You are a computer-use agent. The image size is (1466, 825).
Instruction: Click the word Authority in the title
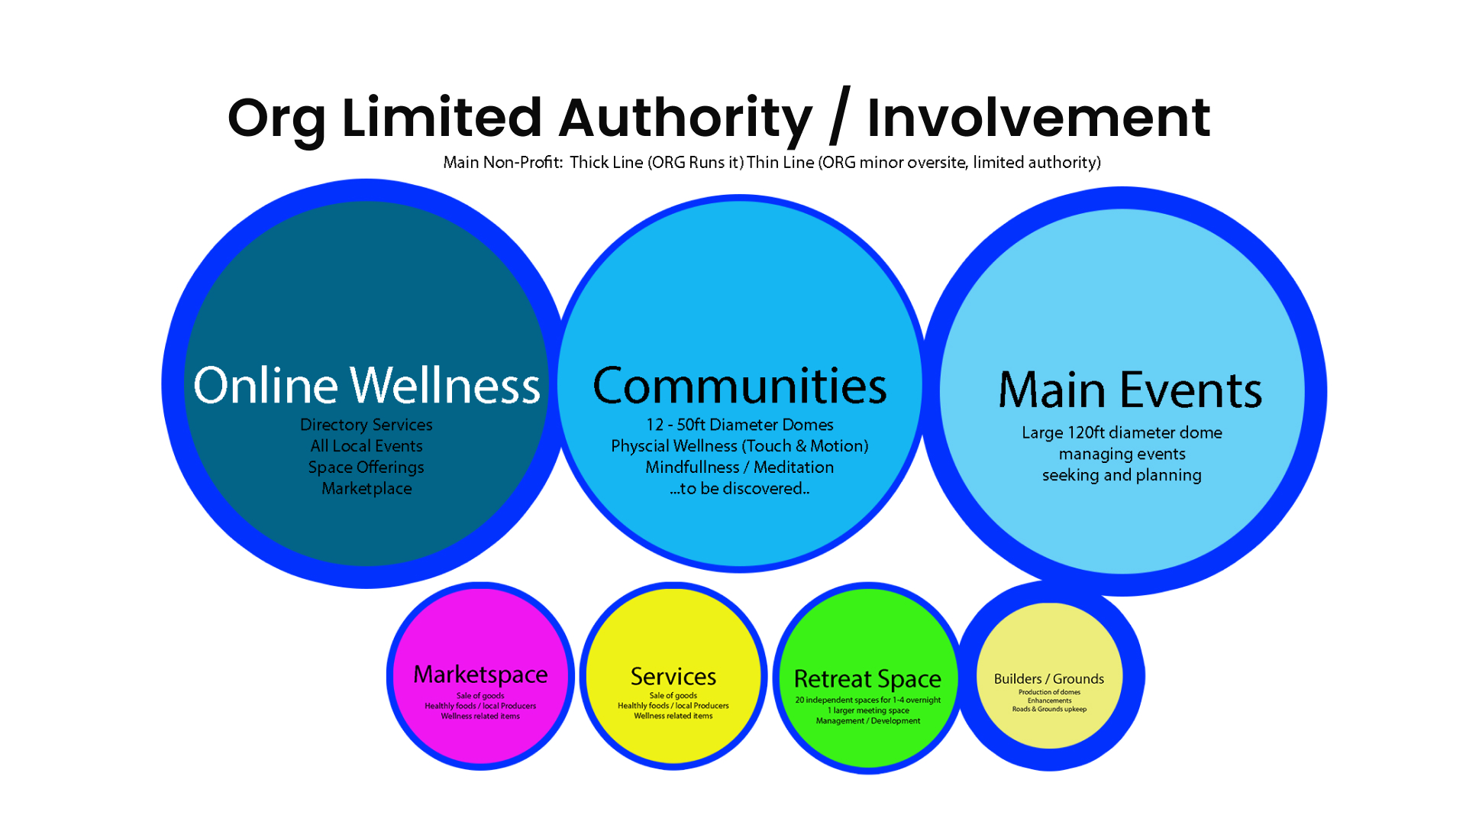coord(685,119)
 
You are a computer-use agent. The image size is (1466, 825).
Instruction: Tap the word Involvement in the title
coord(1038,119)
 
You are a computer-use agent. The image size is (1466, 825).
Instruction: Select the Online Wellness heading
coord(366,385)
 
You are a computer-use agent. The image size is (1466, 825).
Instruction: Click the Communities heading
coord(740,386)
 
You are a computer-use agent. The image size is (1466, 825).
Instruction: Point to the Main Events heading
coord(1130,390)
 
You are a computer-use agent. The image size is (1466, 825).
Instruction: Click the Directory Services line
coord(366,425)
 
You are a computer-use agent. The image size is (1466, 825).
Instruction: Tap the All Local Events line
coord(366,446)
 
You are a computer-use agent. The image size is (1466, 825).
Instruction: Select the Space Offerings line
coord(366,467)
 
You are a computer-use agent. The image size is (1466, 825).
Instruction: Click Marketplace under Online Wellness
coord(366,489)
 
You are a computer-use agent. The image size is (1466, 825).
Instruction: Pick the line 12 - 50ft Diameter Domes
coord(740,425)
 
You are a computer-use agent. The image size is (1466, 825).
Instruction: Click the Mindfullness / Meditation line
coord(740,467)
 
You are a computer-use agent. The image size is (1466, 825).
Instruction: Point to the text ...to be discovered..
coord(740,489)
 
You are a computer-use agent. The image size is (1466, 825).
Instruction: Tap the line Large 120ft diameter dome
coord(1122,433)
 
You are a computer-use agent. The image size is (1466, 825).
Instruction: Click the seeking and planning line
coord(1122,475)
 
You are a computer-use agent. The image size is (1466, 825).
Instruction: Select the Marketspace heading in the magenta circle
coord(480,675)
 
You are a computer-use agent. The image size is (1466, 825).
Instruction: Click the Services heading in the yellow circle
coord(673,677)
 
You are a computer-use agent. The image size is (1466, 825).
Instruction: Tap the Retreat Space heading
coord(867,679)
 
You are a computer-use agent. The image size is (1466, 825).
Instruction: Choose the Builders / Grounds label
coord(1049,679)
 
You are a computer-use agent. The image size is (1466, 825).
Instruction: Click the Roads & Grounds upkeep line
coord(1049,710)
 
